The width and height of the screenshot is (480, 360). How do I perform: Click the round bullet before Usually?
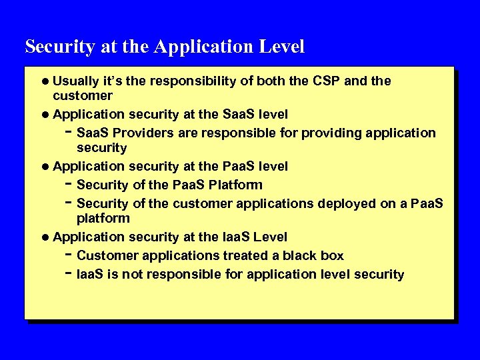(45, 82)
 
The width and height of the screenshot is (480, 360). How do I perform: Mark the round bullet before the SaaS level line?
(45, 115)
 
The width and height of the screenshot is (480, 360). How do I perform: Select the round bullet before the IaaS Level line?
(45, 237)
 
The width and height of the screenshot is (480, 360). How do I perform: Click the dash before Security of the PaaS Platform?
(69, 184)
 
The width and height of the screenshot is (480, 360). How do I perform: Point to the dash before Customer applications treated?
(69, 255)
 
